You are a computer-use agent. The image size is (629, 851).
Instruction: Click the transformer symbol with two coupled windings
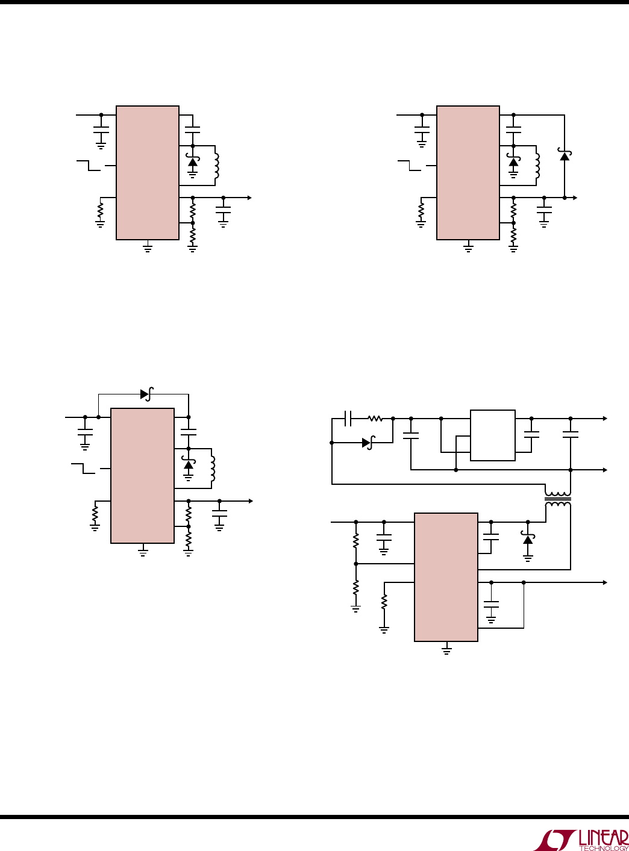click(558, 499)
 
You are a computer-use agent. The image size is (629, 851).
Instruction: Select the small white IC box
click(493, 435)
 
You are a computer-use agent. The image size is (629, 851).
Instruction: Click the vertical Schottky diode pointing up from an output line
click(565, 155)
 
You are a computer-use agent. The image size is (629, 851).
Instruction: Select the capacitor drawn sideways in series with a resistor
click(348, 419)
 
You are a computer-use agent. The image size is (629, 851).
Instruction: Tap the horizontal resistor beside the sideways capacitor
click(375, 419)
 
